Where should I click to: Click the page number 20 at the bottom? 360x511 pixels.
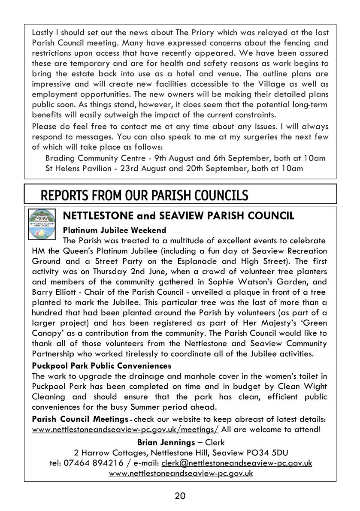tap(180, 496)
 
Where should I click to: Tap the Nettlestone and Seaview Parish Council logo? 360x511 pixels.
tap(42, 224)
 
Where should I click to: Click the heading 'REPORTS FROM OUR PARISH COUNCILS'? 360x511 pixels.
tap(144, 195)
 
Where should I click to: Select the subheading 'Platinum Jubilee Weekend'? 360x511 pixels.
tap(114, 230)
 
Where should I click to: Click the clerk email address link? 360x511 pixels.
tap(237, 463)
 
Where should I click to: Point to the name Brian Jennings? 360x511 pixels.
tap(166, 442)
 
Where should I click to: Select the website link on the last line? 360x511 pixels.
tap(181, 473)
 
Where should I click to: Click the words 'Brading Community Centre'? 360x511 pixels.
tap(94, 158)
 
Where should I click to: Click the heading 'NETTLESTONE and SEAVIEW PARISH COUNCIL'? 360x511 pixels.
tap(178, 216)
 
